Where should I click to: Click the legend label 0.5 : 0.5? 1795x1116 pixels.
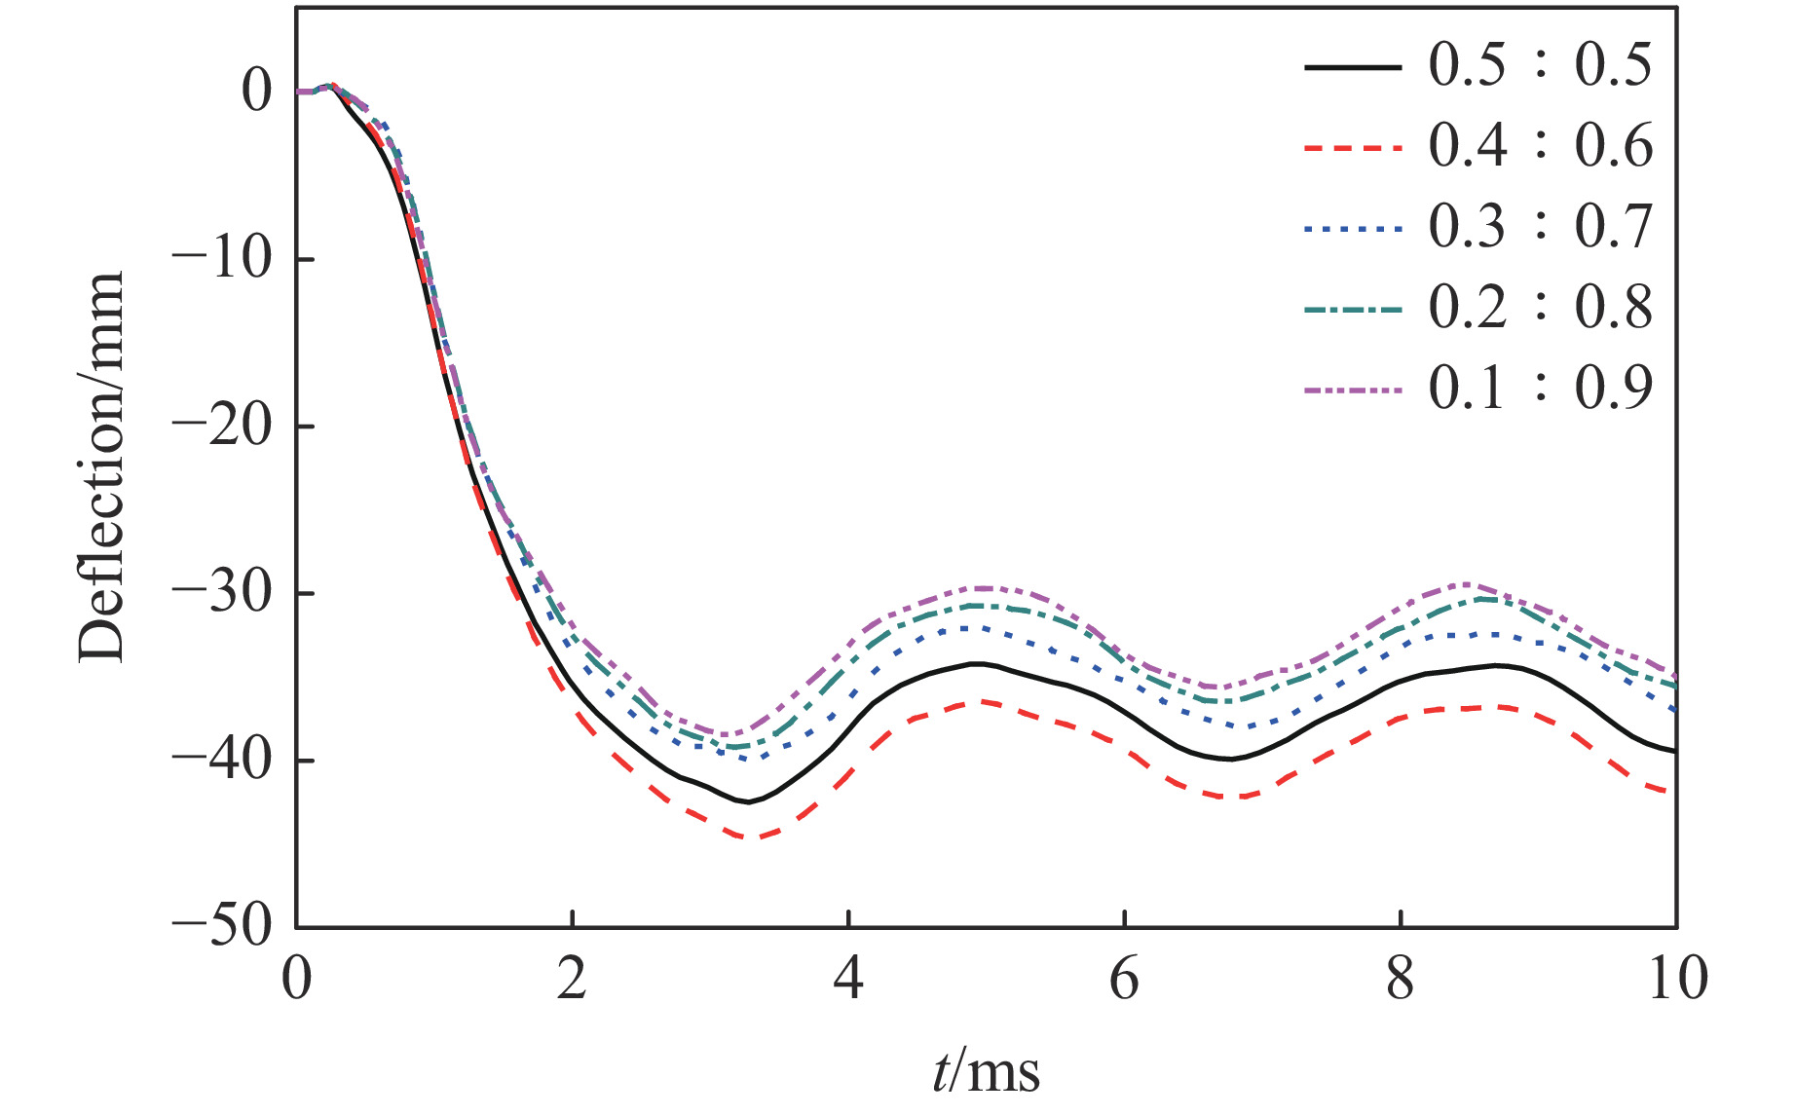click(1540, 66)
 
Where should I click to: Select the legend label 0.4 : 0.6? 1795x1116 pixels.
click(1540, 147)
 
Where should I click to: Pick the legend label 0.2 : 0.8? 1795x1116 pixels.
click(1540, 309)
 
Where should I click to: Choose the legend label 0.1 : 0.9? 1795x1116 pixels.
click(1540, 390)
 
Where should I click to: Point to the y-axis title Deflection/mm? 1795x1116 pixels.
click(102, 467)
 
